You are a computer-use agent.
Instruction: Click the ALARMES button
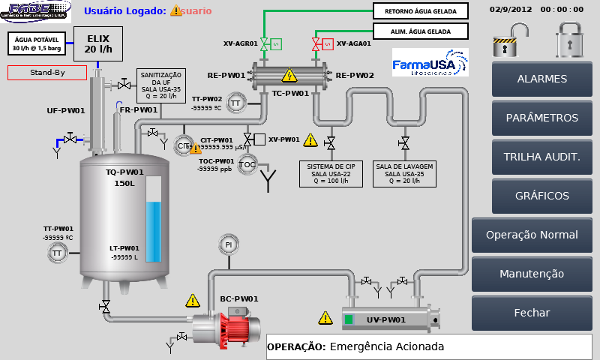pos(542,79)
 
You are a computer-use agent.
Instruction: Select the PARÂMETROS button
pos(542,118)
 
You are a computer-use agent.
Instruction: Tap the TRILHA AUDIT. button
pos(542,157)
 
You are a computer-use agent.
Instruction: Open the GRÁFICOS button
pos(542,196)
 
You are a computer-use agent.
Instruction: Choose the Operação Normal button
pos(532,235)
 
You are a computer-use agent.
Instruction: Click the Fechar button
pos(532,313)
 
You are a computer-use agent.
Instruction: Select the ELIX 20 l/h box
pos(99,43)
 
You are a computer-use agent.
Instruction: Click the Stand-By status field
pos(47,73)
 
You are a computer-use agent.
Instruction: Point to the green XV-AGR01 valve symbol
pos(265,43)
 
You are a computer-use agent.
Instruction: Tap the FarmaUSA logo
pos(430,63)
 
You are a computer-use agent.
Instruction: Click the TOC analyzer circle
pos(248,165)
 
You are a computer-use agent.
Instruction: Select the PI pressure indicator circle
pos(229,244)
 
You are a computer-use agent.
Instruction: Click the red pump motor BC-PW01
pos(238,326)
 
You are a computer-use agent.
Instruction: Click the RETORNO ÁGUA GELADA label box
pos(420,11)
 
